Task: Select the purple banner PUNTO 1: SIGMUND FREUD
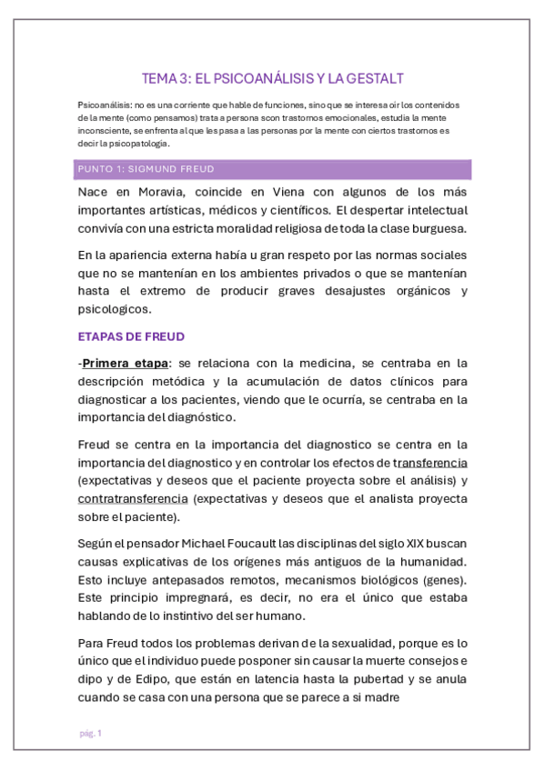tap(273, 169)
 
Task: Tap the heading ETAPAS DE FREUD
tap(131, 336)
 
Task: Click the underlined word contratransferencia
tap(133, 499)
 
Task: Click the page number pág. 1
tap(90, 733)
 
